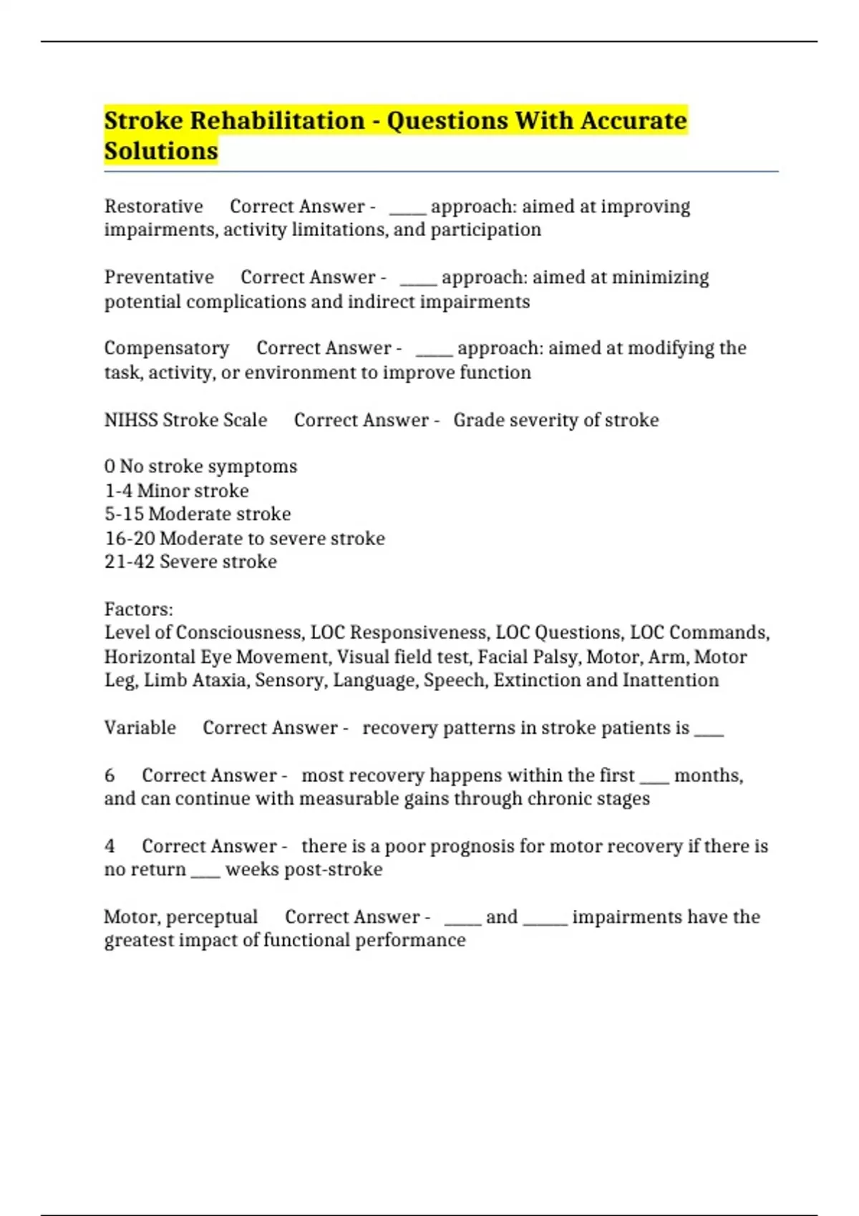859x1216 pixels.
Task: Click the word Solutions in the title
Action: [161, 151]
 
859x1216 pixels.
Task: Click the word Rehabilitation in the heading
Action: [277, 120]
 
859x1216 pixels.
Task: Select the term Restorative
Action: [153, 206]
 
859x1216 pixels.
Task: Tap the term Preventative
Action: [159, 277]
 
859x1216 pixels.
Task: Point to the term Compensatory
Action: [166, 348]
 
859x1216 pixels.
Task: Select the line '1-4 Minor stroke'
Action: [176, 491]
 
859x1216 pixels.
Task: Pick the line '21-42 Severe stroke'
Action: [190, 562]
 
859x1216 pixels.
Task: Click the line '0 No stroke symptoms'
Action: [200, 466]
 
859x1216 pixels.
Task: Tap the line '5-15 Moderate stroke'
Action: [198, 514]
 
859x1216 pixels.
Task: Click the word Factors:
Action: [139, 609]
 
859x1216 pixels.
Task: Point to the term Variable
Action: [140, 727]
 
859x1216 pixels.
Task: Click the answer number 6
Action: [110, 775]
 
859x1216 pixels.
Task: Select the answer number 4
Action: [110, 846]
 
